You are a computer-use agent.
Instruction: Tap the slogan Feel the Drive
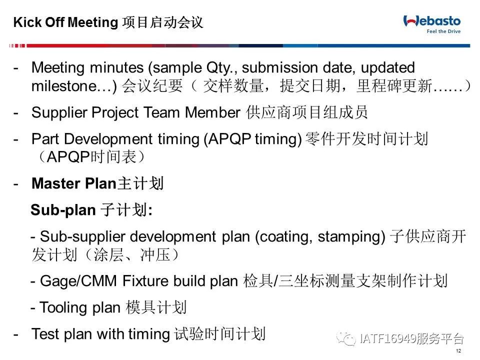click(x=443, y=31)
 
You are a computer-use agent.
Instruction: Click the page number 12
click(x=458, y=351)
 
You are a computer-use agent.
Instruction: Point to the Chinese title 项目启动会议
click(x=162, y=22)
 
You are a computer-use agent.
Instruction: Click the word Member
click(x=212, y=112)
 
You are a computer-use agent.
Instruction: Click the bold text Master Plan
click(x=74, y=183)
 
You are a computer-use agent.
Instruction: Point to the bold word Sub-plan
click(x=63, y=210)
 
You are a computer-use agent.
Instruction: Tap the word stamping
click(x=351, y=237)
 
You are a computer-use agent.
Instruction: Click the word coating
click(x=284, y=237)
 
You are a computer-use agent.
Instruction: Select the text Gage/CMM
click(x=78, y=281)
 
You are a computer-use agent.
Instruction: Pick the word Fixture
click(x=145, y=281)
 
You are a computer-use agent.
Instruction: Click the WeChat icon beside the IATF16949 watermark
click(x=346, y=338)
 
